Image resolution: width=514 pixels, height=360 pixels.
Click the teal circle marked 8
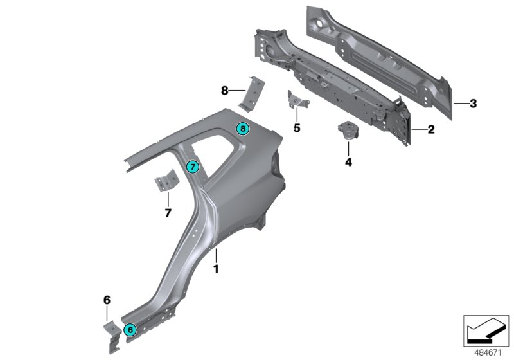(x=242, y=129)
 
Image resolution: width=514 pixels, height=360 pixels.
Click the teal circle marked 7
(x=192, y=167)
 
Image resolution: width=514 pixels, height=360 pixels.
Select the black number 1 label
(x=216, y=269)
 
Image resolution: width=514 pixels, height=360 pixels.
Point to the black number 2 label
(x=431, y=129)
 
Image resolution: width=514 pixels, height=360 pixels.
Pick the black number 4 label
(x=348, y=162)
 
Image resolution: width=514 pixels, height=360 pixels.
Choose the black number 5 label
(x=296, y=128)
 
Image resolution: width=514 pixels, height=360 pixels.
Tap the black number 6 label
(x=107, y=299)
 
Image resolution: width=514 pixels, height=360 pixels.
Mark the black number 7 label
(x=168, y=212)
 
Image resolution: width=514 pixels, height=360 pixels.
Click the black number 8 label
(x=224, y=91)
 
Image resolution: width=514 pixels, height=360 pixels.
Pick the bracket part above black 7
(x=165, y=180)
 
